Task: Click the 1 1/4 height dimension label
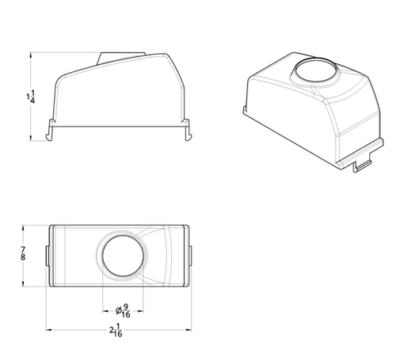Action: click(31, 97)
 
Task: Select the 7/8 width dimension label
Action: click(23, 253)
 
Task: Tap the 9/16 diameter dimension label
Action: click(126, 310)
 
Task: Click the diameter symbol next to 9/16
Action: click(119, 311)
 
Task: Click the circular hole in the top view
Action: click(123, 256)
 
